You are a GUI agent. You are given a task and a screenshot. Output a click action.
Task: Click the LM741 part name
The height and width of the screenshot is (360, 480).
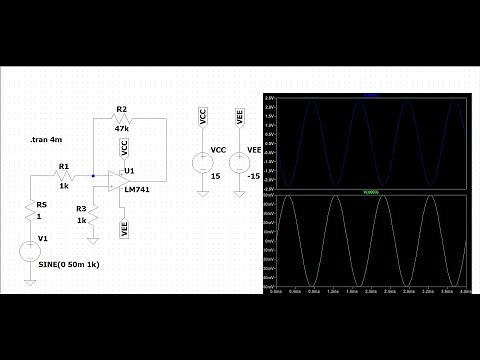[137, 188]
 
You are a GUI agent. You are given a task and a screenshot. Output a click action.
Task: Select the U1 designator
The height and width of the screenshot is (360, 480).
[131, 171]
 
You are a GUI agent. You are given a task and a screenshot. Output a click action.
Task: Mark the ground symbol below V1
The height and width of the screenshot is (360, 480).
[30, 282]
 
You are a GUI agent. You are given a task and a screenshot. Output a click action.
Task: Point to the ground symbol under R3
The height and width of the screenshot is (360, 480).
[93, 238]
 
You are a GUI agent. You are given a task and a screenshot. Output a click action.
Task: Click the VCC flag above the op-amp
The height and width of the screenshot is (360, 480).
[125, 148]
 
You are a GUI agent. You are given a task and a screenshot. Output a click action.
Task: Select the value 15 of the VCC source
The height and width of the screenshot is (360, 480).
[214, 176]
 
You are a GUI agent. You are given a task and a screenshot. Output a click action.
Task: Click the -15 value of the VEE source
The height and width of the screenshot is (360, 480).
[255, 176]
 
